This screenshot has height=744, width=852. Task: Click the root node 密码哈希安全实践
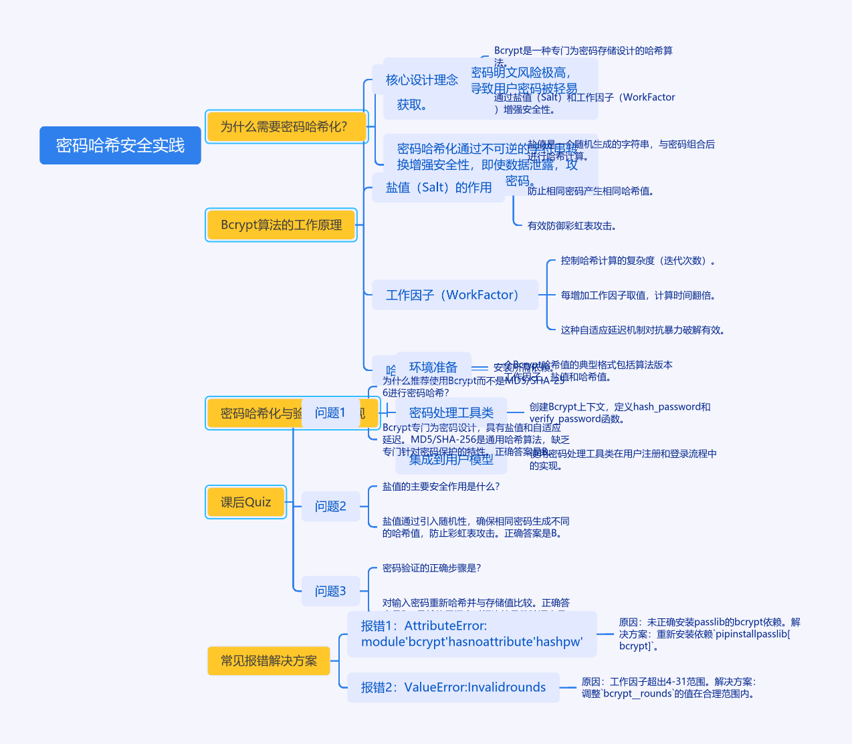pyautogui.click(x=120, y=145)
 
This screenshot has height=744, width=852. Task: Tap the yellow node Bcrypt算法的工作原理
pyautogui.click(x=281, y=225)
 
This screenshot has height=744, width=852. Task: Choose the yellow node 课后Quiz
pyautogui.click(x=245, y=502)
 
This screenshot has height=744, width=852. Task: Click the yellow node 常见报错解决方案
pyautogui.click(x=268, y=660)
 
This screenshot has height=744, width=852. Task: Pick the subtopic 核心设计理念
pyautogui.click(x=421, y=80)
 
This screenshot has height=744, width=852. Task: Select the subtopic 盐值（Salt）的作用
pyautogui.click(x=438, y=188)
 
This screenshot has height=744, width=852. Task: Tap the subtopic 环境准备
pyautogui.click(x=433, y=367)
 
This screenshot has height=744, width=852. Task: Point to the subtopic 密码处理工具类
pyautogui.click(x=451, y=412)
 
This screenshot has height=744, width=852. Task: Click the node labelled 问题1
pyautogui.click(x=330, y=412)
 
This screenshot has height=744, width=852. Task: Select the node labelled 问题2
pyautogui.click(x=330, y=506)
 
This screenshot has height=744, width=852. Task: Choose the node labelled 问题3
pyautogui.click(x=330, y=591)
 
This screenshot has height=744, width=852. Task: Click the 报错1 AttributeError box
pyautogui.click(x=471, y=634)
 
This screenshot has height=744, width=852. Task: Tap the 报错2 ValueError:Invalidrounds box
pyautogui.click(x=453, y=687)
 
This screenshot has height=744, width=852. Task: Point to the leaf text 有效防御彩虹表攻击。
pyautogui.click(x=572, y=226)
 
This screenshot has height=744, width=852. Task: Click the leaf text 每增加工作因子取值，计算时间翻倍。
pyautogui.click(x=638, y=295)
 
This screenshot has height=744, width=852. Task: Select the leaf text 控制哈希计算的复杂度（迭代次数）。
pyautogui.click(x=639, y=261)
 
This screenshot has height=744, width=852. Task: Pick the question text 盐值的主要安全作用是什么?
pyautogui.click(x=441, y=487)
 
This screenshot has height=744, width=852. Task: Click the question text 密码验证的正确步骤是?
pyautogui.click(x=431, y=568)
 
